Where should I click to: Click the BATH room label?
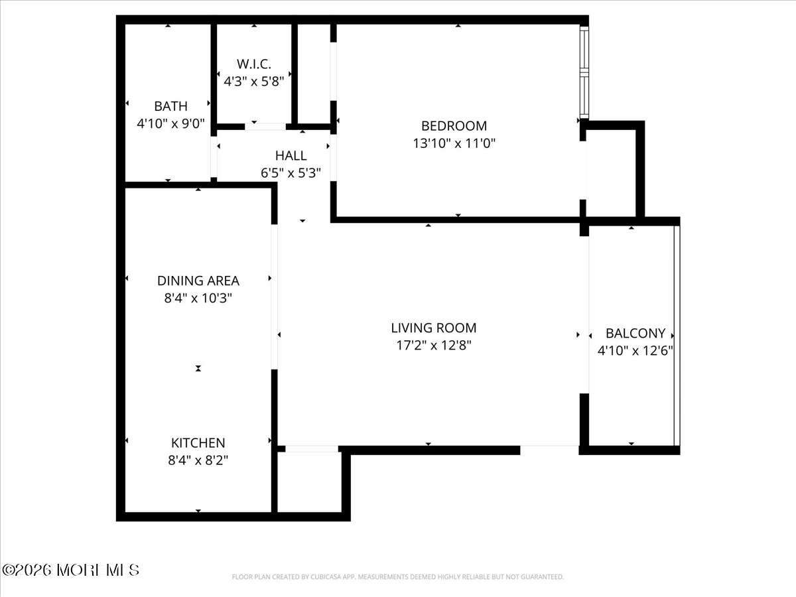170,106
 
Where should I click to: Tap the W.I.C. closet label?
254,64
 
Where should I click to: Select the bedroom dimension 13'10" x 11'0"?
454,143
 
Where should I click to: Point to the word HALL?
291,156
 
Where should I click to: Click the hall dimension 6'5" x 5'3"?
291,173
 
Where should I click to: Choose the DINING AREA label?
198,281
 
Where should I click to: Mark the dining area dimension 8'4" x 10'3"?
198,298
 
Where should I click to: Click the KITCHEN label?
198,442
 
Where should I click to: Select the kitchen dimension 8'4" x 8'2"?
198,460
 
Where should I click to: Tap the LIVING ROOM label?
433,328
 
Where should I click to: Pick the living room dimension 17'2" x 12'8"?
433,345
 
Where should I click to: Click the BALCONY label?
635,334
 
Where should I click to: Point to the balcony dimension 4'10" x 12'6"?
635,351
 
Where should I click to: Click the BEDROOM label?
454,125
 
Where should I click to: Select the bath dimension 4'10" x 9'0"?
170,123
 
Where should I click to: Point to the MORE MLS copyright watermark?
70,570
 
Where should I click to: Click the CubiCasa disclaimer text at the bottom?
398,577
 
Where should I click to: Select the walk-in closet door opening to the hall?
265,126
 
